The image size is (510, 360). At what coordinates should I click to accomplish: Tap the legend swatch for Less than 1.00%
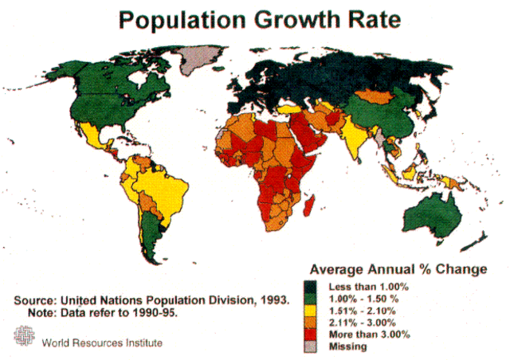click(x=312, y=285)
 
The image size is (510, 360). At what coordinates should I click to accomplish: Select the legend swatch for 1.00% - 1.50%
click(x=312, y=297)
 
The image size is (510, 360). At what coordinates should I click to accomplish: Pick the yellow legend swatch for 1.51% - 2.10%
click(x=312, y=310)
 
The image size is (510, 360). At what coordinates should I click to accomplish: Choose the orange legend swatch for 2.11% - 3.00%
click(x=312, y=322)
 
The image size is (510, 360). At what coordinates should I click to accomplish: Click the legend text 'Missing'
click(x=346, y=346)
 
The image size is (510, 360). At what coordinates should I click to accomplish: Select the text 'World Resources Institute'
click(x=103, y=342)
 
